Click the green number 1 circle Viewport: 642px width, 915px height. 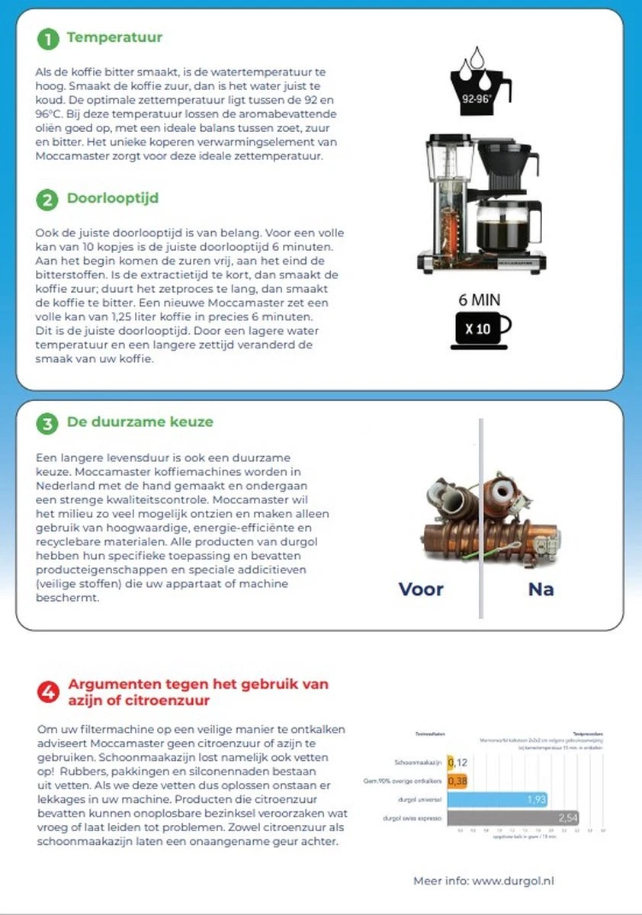47,39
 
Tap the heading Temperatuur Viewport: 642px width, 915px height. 114,37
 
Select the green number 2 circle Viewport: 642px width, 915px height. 47,201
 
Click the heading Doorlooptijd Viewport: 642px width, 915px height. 112,199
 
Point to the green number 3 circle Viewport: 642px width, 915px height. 47,424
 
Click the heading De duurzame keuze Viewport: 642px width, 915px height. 140,422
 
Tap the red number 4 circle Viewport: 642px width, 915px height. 48,692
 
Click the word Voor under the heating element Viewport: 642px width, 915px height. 421,589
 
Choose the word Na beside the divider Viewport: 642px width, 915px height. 541,589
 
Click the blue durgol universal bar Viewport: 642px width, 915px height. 496,800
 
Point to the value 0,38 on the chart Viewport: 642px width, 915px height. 457,781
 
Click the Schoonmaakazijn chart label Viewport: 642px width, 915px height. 419,762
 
